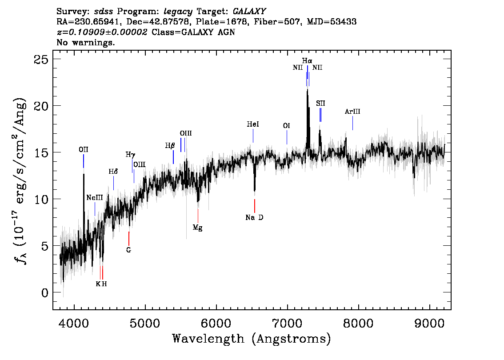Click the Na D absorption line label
pyautogui.click(x=254, y=218)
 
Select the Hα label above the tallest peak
pyautogui.click(x=307, y=60)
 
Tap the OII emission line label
pyautogui.click(x=83, y=150)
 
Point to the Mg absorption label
pyautogui.click(x=198, y=228)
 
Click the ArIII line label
pyautogui.click(x=352, y=112)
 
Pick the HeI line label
pyautogui.click(x=253, y=125)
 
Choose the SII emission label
pyautogui.click(x=320, y=104)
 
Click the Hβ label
pyautogui.click(x=170, y=145)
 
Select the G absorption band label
pyautogui.click(x=128, y=250)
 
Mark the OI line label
pyautogui.click(x=287, y=126)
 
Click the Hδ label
pyautogui.click(x=113, y=172)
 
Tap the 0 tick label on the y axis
pyautogui.click(x=44, y=292)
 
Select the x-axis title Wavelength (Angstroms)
pyautogui.click(x=252, y=339)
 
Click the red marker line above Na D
pyautogui.click(x=254, y=206)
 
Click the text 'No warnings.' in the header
pyautogui.click(x=86, y=43)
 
